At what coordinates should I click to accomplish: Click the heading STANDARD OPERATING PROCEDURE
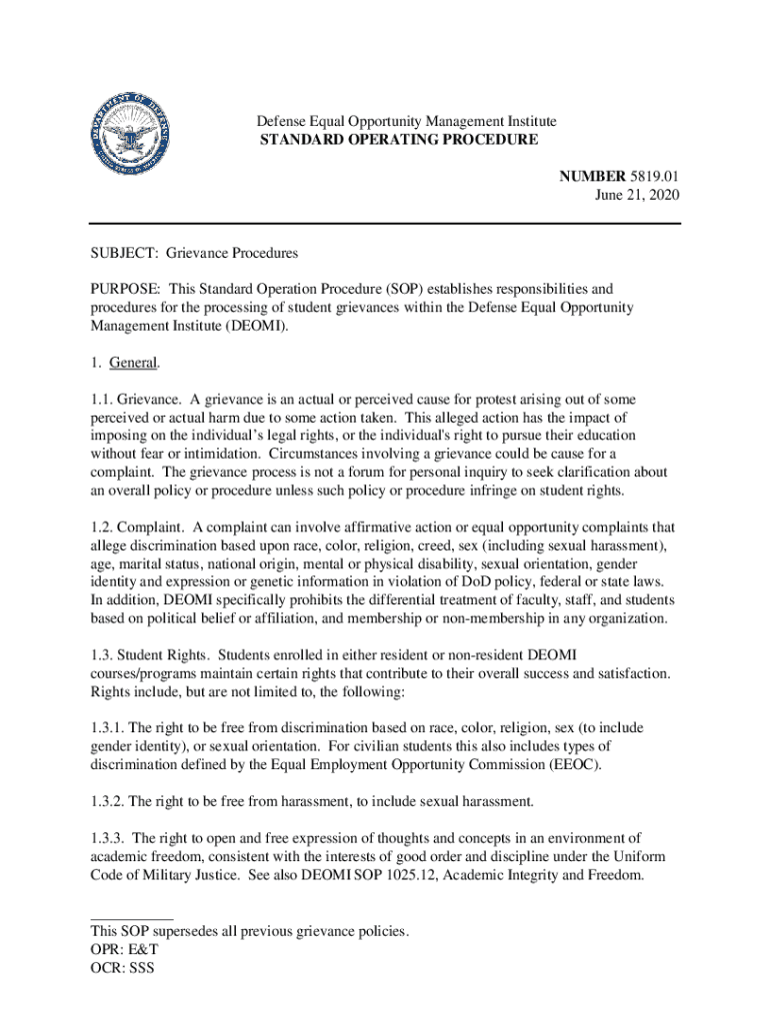398,140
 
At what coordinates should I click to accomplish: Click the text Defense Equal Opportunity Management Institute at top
406,122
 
